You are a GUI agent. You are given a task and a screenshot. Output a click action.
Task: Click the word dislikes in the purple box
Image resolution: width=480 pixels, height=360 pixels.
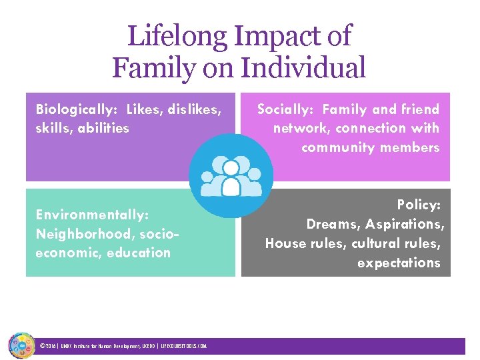(x=193, y=109)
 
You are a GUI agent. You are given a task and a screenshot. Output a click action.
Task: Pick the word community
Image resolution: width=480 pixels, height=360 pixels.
(x=341, y=147)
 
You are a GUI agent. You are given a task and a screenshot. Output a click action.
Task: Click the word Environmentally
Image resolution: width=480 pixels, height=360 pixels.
(x=91, y=215)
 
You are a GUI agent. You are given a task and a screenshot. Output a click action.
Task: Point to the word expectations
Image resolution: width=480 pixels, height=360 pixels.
(x=399, y=263)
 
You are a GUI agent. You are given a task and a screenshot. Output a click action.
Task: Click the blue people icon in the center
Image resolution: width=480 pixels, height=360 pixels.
(x=231, y=176)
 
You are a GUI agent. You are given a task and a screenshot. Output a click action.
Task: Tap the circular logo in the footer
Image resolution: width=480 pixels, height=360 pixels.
(x=21, y=346)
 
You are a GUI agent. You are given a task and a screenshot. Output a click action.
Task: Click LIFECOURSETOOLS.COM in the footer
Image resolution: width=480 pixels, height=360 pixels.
(x=184, y=347)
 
